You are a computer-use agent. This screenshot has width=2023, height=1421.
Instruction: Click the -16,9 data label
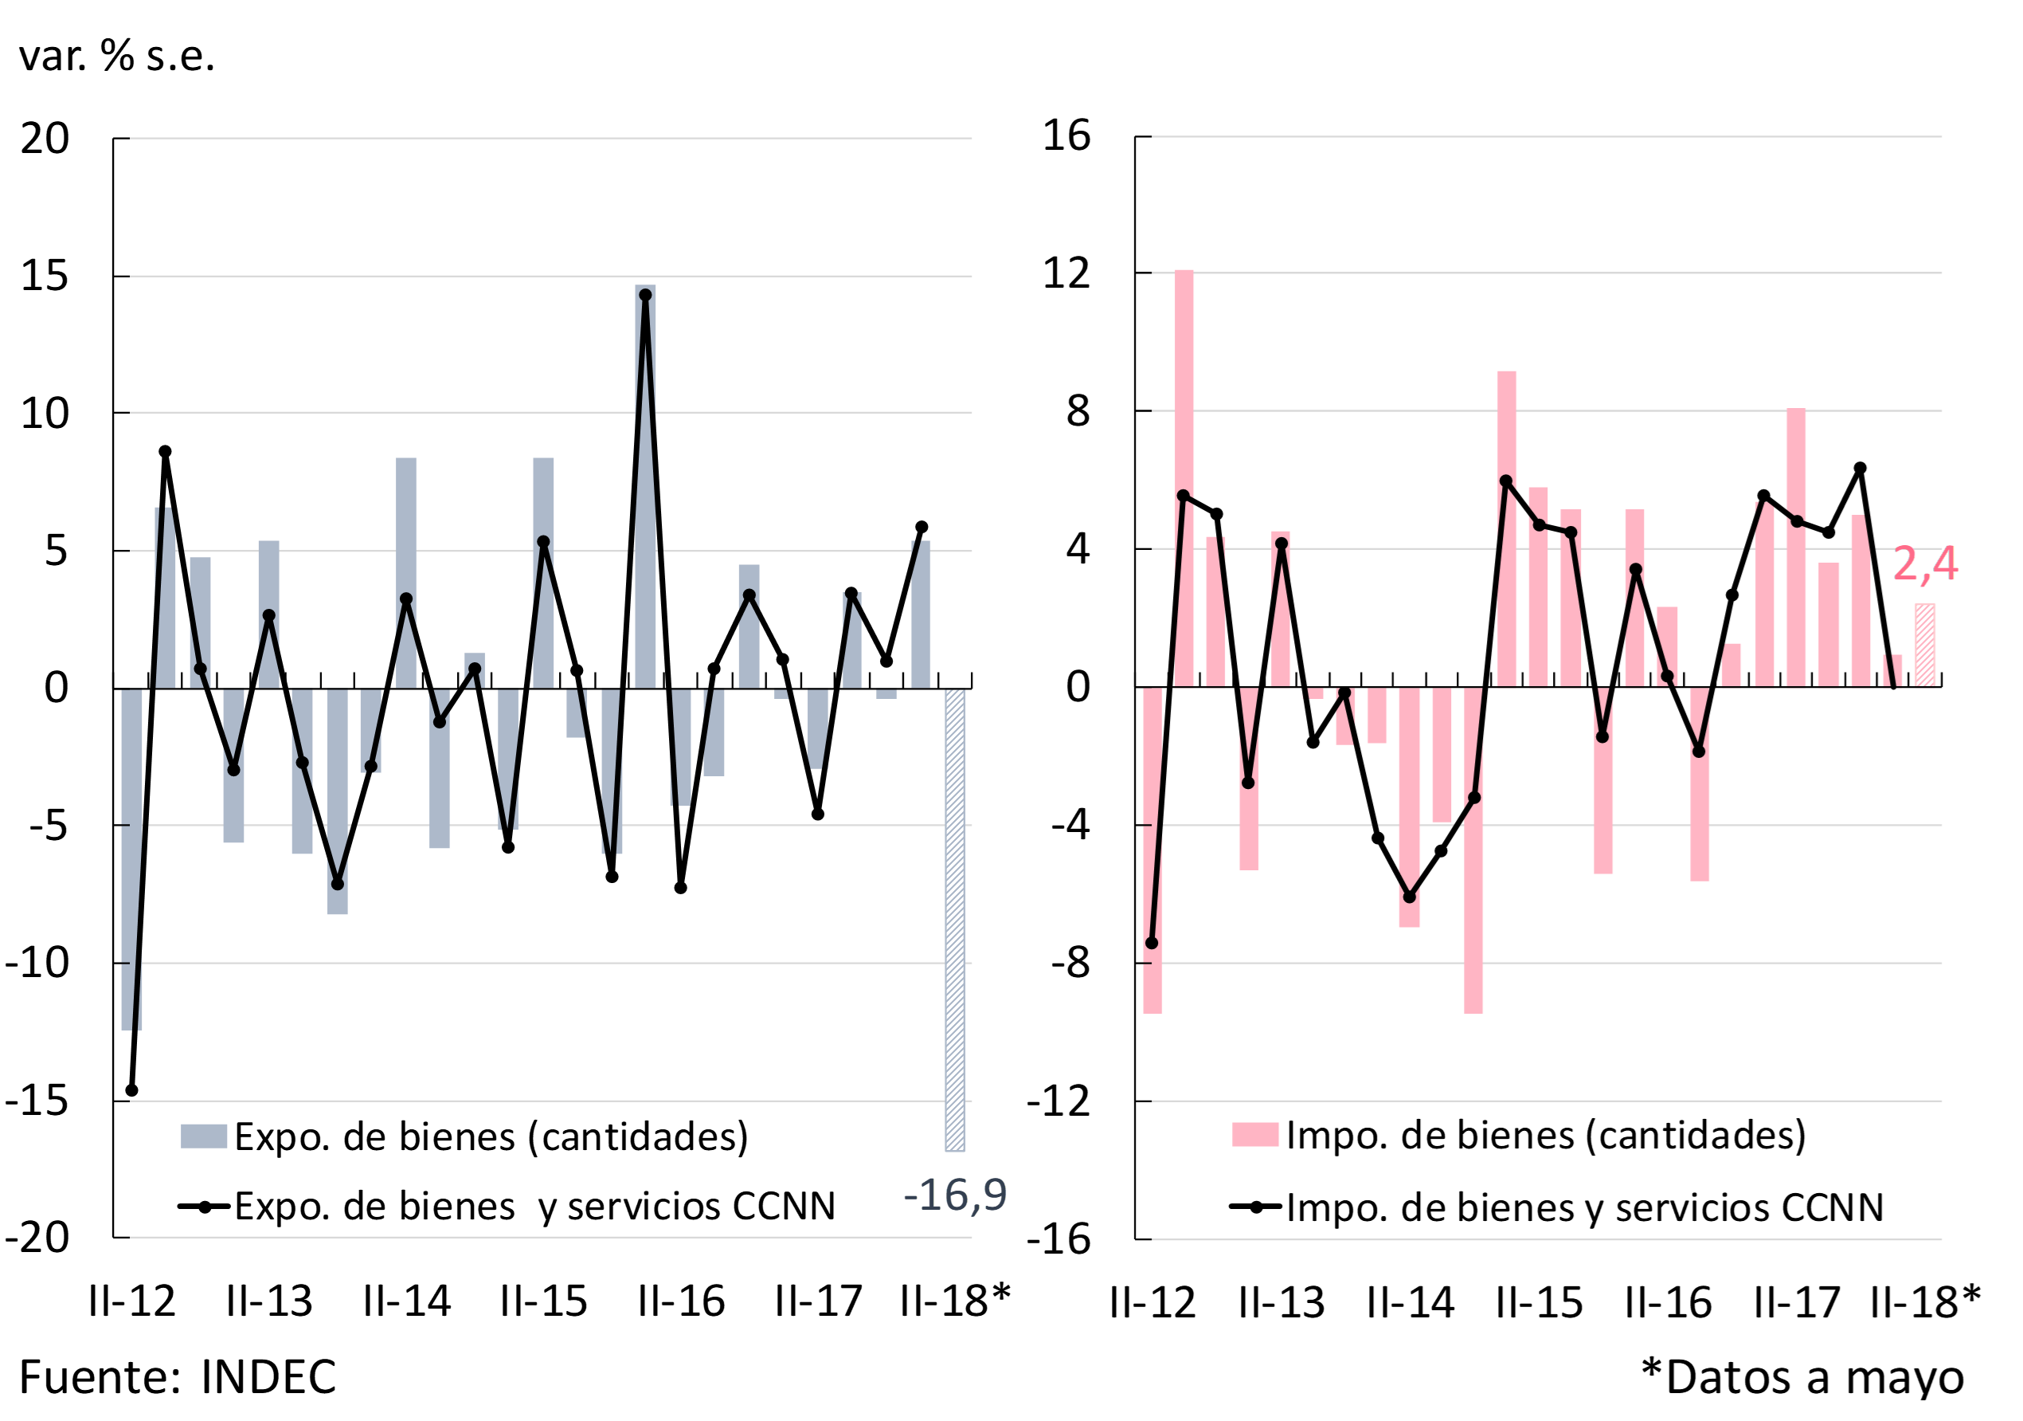tap(955, 1195)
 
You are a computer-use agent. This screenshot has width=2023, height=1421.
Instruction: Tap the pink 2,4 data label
tap(1924, 563)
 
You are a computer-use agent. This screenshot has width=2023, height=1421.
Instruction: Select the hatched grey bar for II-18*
tap(955, 919)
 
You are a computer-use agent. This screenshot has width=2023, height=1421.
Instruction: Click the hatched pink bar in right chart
tap(1925, 645)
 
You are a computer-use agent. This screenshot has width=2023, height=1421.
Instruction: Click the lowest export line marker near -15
tap(132, 1090)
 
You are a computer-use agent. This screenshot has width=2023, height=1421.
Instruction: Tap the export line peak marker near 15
tap(645, 296)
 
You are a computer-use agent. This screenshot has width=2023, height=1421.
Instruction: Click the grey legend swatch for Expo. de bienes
tap(204, 1136)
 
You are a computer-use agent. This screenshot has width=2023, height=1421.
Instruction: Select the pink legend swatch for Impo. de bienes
tap(1254, 1135)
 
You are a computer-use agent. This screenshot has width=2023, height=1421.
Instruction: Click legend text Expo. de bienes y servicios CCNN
tap(534, 1206)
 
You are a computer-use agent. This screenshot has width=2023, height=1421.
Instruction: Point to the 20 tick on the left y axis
tap(45, 139)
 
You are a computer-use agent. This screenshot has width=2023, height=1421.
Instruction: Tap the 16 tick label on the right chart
tap(1066, 135)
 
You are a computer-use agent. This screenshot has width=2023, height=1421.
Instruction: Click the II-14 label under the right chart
tap(1410, 1303)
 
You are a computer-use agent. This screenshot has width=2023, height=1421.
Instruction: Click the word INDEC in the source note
tap(268, 1377)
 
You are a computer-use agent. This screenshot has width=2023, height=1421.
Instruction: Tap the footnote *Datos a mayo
tap(1802, 1377)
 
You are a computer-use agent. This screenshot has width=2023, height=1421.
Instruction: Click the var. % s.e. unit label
tap(116, 57)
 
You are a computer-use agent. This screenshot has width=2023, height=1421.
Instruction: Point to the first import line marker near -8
tap(1152, 944)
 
